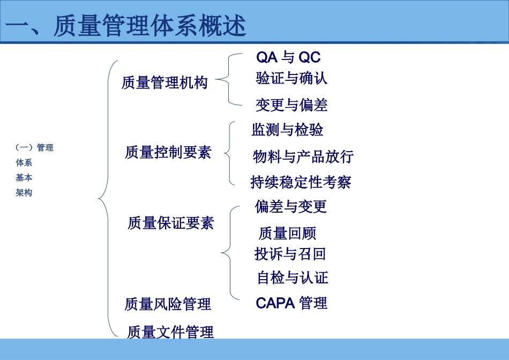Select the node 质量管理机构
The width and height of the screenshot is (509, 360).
[x=164, y=83]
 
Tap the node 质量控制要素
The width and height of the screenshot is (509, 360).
[x=168, y=153]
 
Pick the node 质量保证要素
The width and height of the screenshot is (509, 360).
[x=171, y=223]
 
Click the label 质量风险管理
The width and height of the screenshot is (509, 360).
[x=168, y=304]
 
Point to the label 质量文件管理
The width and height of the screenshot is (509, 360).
[x=170, y=332]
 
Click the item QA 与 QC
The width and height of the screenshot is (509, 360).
[x=288, y=57]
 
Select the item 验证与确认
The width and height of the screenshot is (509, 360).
[x=291, y=79]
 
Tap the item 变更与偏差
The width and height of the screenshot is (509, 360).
[x=291, y=105]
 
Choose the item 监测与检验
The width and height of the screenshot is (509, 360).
[x=287, y=130]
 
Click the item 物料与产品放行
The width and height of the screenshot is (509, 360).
[x=303, y=157]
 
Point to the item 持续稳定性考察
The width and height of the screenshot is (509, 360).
[x=301, y=182]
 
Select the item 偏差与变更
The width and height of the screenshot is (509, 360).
[x=291, y=206]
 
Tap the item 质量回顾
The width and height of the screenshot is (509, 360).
[x=287, y=233]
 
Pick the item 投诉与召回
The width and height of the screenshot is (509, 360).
[x=290, y=253]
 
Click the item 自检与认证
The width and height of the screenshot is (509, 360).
[x=293, y=277]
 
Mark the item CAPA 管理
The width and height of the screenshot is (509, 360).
[x=291, y=303]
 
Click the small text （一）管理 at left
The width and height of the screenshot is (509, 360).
[x=34, y=148]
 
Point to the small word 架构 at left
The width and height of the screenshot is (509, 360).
[x=24, y=193]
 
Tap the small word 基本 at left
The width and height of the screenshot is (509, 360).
[x=24, y=178]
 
